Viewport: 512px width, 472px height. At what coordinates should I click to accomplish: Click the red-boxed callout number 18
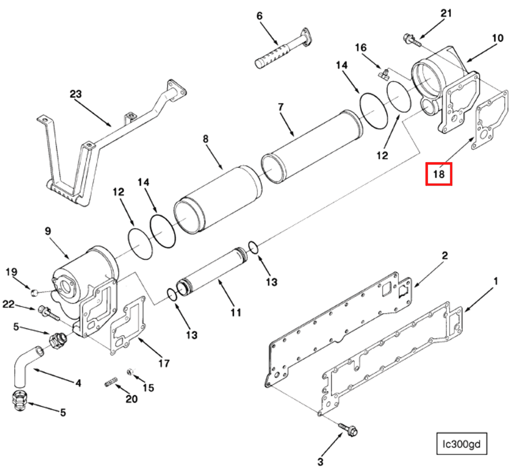[439, 174]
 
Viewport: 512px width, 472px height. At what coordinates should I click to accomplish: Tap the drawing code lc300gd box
[461, 444]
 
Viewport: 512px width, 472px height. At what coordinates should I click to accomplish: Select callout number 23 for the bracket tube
[76, 94]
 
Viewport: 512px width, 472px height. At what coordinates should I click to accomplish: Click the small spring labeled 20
[111, 382]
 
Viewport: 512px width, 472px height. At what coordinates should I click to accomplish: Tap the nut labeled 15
[129, 372]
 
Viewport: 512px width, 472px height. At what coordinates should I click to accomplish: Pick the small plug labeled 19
[34, 293]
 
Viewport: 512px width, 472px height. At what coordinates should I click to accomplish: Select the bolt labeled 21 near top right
[412, 40]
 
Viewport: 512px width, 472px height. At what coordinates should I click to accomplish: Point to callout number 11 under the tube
[236, 312]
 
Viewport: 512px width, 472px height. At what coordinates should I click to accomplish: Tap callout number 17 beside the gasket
[164, 363]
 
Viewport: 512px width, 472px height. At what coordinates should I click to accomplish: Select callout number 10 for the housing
[497, 38]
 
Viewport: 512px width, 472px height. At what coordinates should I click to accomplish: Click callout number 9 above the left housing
[48, 231]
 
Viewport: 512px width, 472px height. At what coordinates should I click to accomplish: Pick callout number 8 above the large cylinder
[206, 139]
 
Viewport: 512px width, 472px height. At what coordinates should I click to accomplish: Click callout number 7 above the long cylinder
[281, 107]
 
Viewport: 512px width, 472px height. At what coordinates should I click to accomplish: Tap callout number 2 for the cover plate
[445, 255]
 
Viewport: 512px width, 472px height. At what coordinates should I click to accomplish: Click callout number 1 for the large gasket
[495, 281]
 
